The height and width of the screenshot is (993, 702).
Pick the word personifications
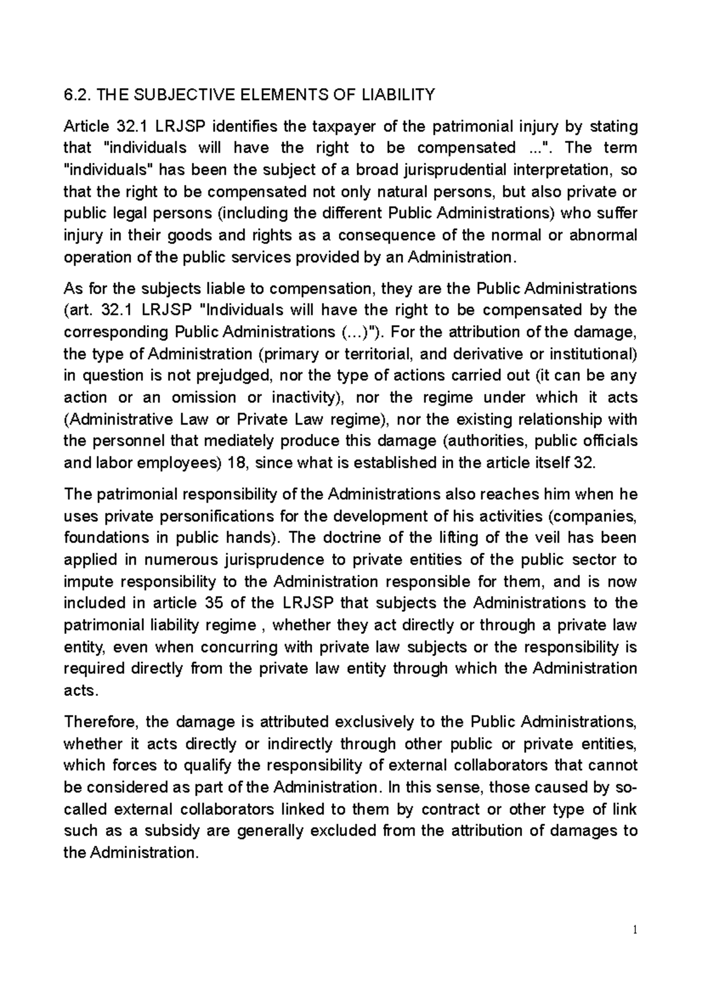pyautogui.click(x=210, y=516)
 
